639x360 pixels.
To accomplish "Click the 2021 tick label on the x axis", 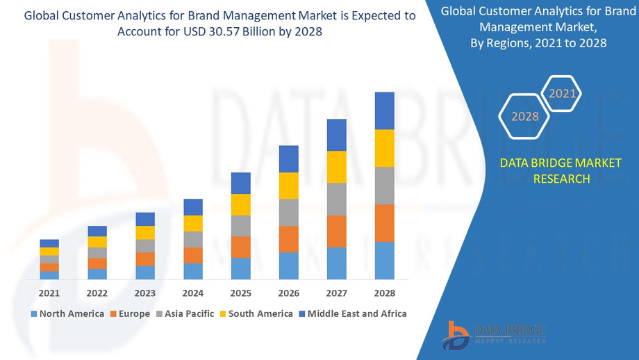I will coord(49,293).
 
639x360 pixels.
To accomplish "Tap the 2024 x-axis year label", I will coord(193,293).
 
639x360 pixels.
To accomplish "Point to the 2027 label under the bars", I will coord(337,293).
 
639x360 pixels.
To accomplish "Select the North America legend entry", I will coord(67,314).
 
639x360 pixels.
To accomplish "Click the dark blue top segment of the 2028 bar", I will coord(385,111).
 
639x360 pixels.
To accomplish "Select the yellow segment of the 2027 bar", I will coord(337,167).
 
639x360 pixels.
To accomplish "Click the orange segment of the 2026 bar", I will coord(289,239).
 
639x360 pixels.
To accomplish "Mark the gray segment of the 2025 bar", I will coord(241,226).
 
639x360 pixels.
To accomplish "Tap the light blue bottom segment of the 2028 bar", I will coord(385,261).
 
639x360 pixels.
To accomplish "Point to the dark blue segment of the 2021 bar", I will coord(49,243).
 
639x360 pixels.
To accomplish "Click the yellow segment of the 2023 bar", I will coord(145,233).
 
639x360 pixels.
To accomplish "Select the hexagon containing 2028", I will coord(525,116).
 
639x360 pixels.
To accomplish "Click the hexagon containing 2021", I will coord(562,93).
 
